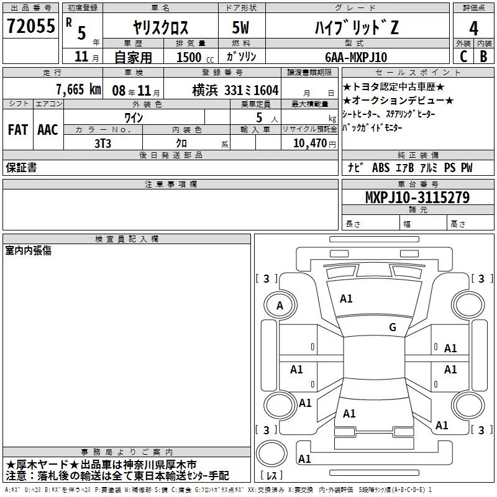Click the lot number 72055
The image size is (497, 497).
point(30,25)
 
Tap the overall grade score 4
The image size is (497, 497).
point(473,28)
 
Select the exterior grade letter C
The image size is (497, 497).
point(463,57)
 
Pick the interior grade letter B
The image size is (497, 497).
point(483,57)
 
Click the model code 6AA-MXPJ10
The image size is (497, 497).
point(356,57)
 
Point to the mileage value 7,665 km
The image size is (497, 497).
point(78,89)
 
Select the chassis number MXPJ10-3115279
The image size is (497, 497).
point(417,198)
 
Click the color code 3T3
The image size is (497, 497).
point(103,144)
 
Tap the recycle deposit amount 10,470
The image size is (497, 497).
point(309,144)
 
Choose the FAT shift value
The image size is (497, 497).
point(18,130)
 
